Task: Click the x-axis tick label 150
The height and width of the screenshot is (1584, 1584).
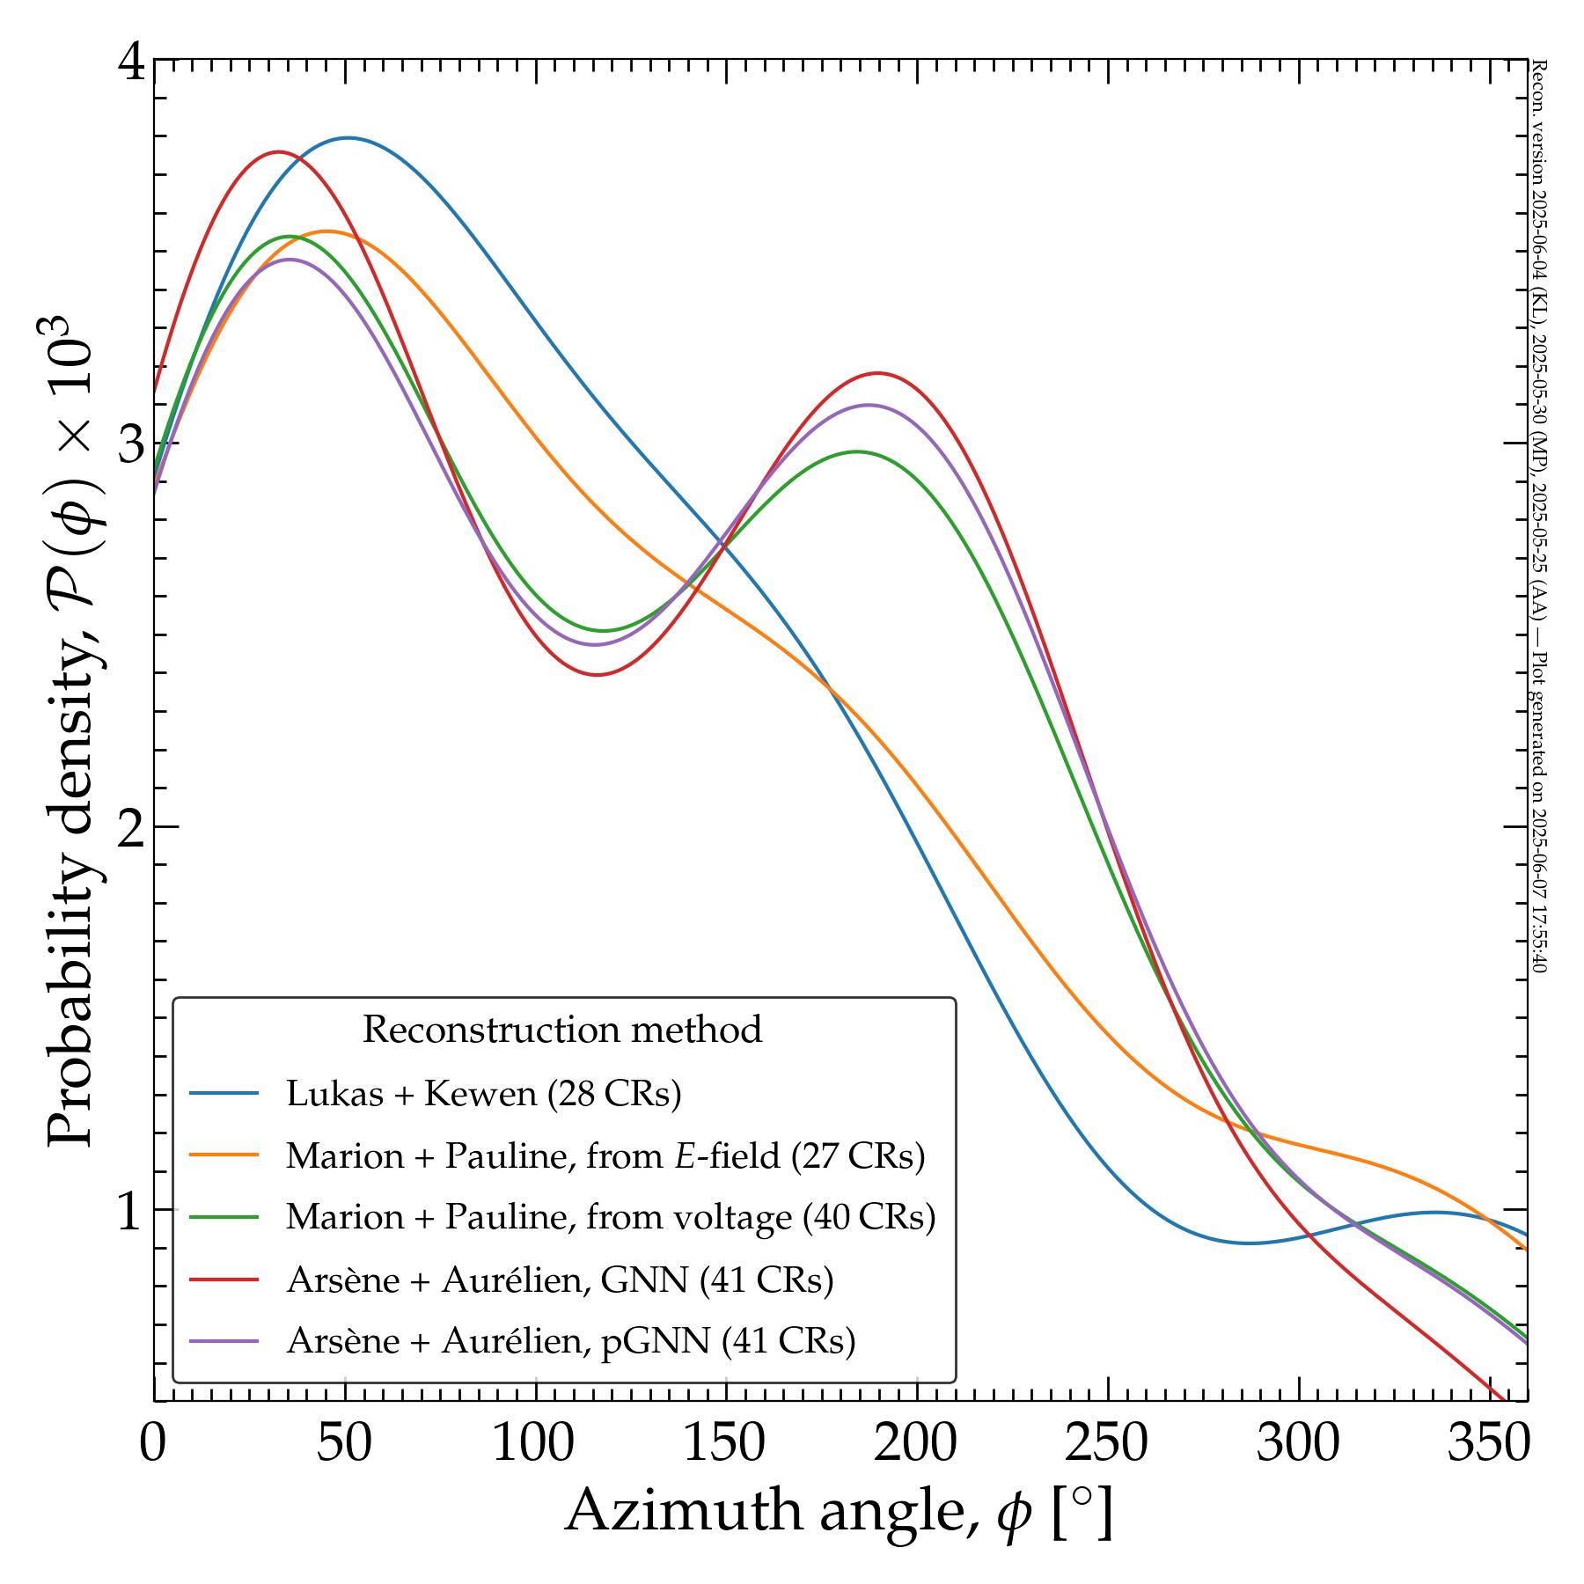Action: point(726,1444)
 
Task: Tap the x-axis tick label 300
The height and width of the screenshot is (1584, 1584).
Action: point(1298,1444)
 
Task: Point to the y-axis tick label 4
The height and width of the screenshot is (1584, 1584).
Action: point(130,63)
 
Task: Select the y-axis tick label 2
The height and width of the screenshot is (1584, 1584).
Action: point(130,828)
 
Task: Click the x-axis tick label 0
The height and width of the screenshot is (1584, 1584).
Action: point(153,1444)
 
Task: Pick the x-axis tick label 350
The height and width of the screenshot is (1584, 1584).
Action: point(1487,1444)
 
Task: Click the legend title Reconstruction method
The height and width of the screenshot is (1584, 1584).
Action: point(562,1030)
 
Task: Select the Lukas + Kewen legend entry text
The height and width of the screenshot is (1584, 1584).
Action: point(483,1094)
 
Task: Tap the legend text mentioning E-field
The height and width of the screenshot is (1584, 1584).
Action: point(605,1155)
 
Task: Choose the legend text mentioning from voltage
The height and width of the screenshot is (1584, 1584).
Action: point(611,1217)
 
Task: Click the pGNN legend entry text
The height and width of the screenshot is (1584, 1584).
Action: point(570,1340)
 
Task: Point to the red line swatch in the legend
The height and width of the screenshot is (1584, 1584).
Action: point(224,1279)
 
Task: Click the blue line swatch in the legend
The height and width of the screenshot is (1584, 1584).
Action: point(224,1094)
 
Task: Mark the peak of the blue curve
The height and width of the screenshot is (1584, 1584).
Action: point(348,138)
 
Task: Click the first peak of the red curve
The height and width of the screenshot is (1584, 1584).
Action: point(279,152)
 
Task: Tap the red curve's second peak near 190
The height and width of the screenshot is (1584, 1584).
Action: point(877,373)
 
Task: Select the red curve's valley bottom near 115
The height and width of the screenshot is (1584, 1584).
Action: point(598,675)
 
